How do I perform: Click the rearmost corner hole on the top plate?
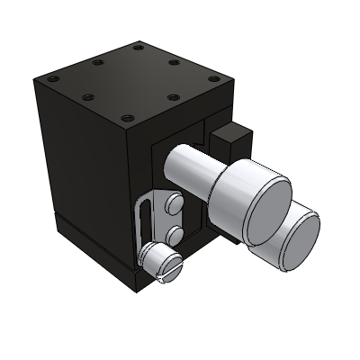click(x=137, y=47)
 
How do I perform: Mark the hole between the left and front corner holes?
click(x=87, y=98)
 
